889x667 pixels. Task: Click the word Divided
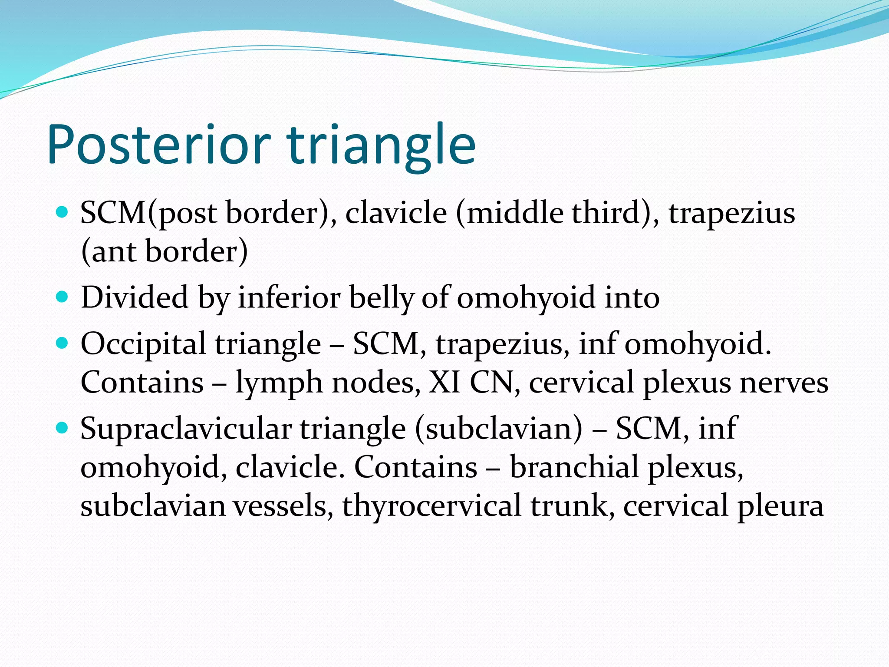135,298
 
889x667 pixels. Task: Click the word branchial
573,467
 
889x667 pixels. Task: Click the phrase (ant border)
165,252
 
